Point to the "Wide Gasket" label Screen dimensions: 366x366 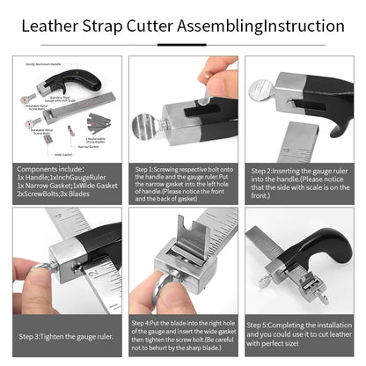[62, 152]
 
